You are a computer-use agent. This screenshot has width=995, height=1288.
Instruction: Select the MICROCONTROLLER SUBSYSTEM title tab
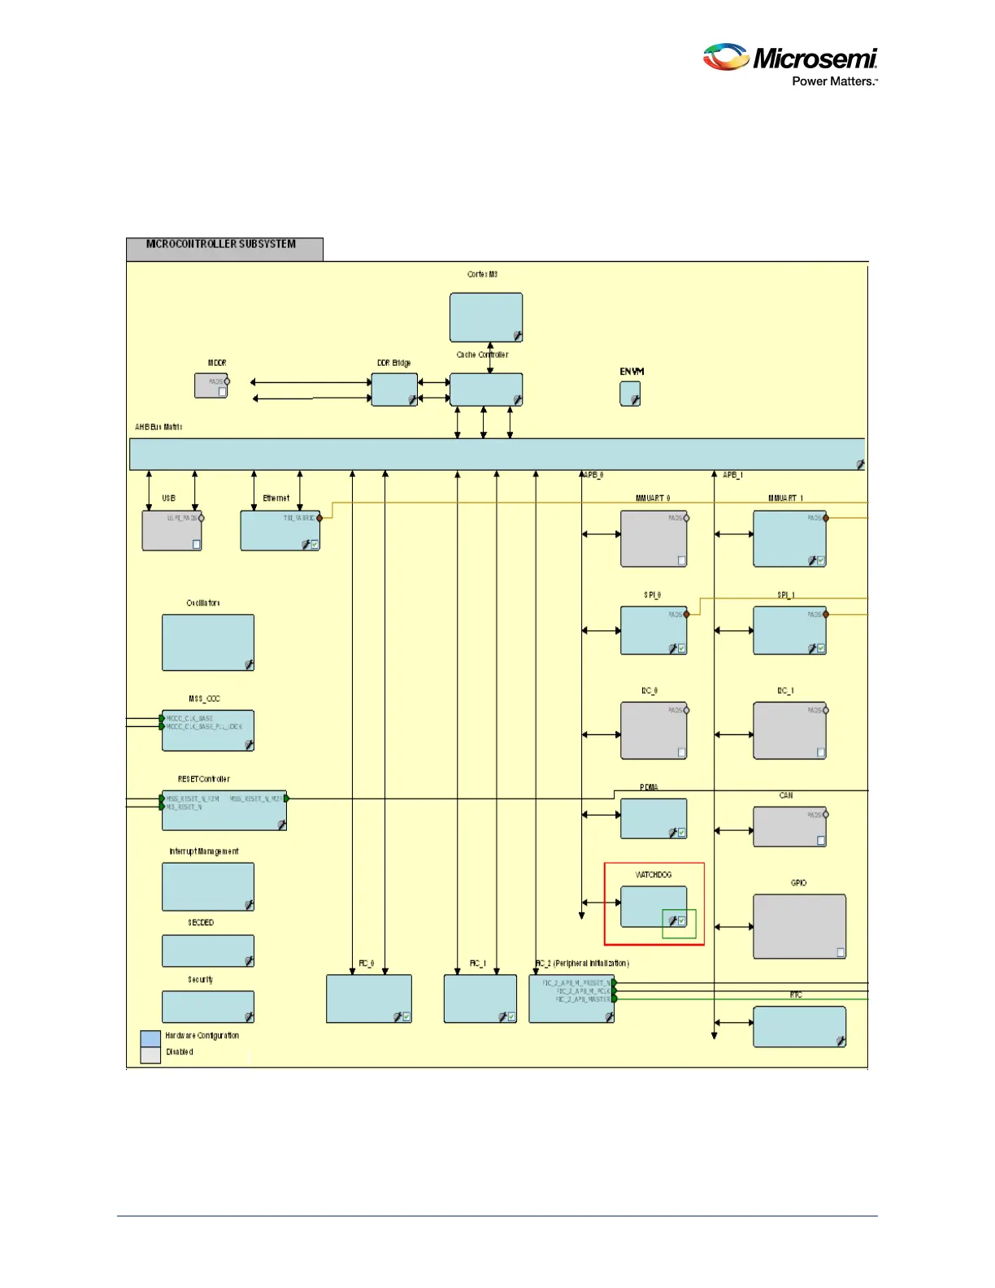click(x=224, y=248)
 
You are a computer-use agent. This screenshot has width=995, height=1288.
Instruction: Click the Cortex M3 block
click(x=486, y=317)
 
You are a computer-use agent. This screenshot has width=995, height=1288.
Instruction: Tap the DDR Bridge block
click(x=394, y=389)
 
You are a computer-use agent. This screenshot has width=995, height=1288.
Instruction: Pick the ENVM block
click(x=630, y=394)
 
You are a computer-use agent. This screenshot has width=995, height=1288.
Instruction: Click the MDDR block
click(x=211, y=385)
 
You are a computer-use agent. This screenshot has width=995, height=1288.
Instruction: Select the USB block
click(x=172, y=530)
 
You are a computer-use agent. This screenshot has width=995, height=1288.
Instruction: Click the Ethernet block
click(x=280, y=530)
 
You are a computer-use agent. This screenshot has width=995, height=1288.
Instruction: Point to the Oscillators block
click(x=208, y=642)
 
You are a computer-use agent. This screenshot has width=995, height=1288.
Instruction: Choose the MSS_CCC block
click(x=208, y=730)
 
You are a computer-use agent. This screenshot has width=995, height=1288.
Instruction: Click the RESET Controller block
click(x=224, y=810)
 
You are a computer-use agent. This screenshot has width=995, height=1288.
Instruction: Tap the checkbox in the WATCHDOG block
click(x=682, y=920)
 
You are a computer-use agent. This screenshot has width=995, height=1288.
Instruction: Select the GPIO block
click(x=799, y=926)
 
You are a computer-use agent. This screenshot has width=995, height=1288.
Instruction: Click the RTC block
click(x=799, y=1026)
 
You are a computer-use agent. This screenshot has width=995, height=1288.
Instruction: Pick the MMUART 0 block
click(x=654, y=538)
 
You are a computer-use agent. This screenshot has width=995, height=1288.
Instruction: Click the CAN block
click(x=789, y=826)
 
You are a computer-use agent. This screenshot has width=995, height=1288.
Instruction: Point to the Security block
click(x=208, y=1007)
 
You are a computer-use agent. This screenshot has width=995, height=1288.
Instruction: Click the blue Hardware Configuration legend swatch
click(x=150, y=1038)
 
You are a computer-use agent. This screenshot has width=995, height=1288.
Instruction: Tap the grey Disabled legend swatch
click(x=150, y=1055)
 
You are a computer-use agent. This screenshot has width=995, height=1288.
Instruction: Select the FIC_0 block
click(x=369, y=999)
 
